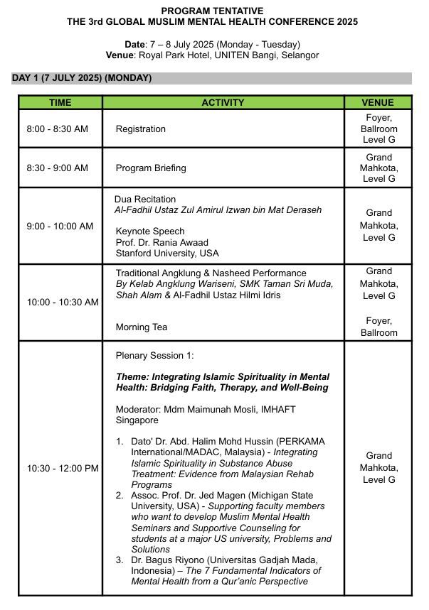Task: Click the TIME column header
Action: click(x=60, y=102)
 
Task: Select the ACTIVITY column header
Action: click(x=223, y=102)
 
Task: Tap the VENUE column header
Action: click(x=378, y=102)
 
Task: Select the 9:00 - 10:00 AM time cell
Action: click(x=60, y=226)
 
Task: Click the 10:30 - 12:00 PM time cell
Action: click(x=63, y=468)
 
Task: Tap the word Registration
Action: click(x=141, y=129)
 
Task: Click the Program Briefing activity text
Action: click(x=151, y=168)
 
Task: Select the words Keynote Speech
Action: click(x=149, y=231)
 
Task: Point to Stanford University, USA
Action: click(x=167, y=253)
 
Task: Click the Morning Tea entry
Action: click(x=142, y=327)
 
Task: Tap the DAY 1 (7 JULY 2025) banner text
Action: click(x=81, y=77)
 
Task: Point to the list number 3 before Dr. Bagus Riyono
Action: click(x=120, y=560)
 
